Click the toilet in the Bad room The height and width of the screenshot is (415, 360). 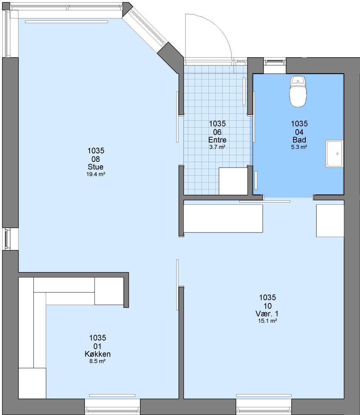click(x=298, y=91)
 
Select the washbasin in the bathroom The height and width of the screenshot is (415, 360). click(x=334, y=154)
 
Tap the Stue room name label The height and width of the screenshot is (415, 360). click(x=96, y=167)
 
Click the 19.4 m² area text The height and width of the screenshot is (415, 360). click(x=96, y=174)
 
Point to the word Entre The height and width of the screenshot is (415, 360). click(x=217, y=140)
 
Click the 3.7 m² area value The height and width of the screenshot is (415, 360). click(x=217, y=147)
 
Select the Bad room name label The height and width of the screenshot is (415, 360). click(x=299, y=140)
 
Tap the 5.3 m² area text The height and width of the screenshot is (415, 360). click(x=299, y=147)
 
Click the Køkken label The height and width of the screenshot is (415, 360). click(x=97, y=354)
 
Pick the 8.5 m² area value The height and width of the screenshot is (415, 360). click(x=97, y=361)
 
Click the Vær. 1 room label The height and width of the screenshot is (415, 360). click(x=267, y=314)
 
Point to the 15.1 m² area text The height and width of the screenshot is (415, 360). click(x=268, y=321)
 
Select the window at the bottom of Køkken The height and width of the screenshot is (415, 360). click(x=112, y=407)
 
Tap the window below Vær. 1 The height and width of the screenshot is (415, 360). click(x=263, y=407)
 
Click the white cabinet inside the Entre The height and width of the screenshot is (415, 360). click(x=233, y=181)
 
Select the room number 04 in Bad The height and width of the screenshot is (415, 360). click(x=299, y=132)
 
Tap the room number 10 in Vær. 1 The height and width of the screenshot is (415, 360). click(x=268, y=306)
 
